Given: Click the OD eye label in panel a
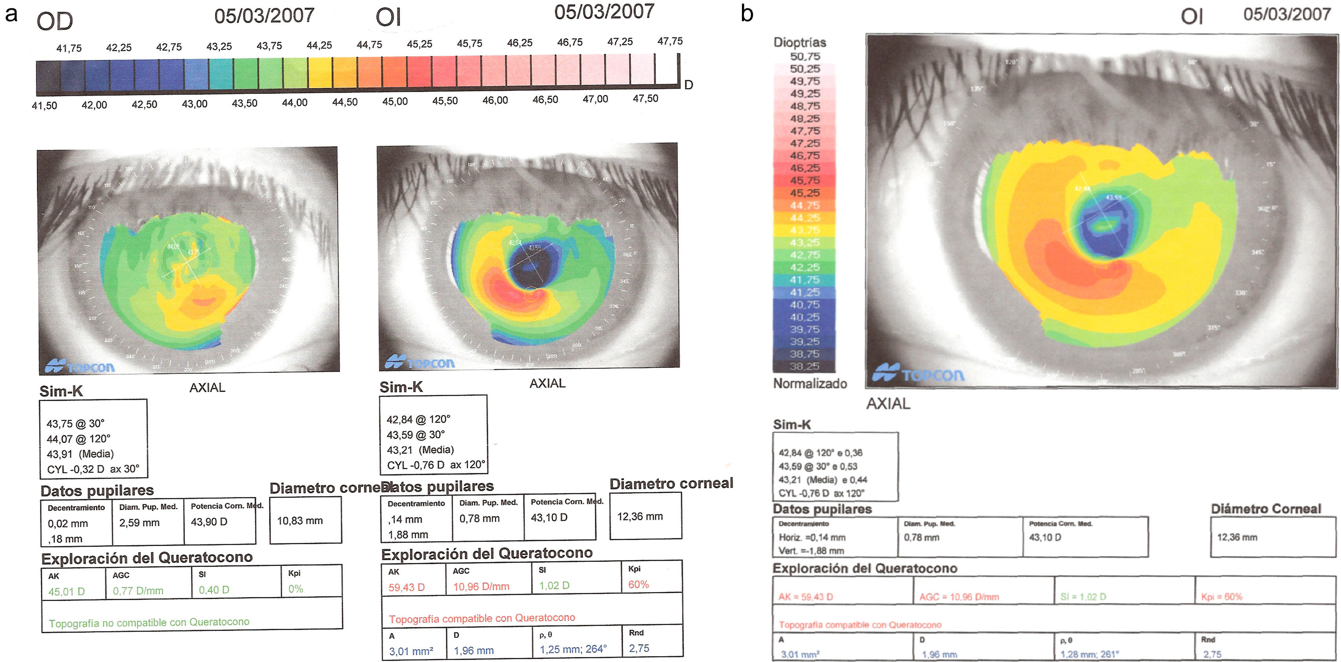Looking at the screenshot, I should pos(55,21).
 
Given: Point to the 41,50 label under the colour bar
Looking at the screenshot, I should pos(44,106).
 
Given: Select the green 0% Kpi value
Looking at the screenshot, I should pos(296,589).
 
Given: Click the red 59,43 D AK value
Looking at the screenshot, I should pos(407,587).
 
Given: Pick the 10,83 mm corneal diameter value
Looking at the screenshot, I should pos(300,520).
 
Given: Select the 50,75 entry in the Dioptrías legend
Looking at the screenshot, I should pos(805,56).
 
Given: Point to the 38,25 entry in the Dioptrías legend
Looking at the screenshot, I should pos(804,367).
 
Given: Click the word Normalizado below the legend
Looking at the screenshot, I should pos(810,383).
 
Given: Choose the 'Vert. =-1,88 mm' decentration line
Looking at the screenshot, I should pos(811,551).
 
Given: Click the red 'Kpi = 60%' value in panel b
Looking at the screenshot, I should pos(1221,596).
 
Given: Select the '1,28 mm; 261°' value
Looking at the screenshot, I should pos(1090,654).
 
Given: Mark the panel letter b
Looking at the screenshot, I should pos(747,14).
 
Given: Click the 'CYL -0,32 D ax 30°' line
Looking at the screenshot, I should pos(93,469).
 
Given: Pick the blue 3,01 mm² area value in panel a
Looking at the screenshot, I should pos(411,651).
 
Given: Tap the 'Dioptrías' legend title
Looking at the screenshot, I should pos(800,42).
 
